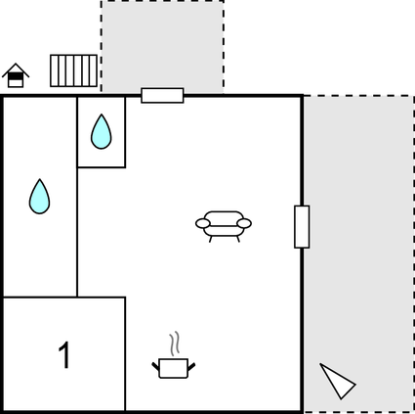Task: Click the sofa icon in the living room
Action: tap(224, 226)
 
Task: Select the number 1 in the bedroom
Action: tap(64, 355)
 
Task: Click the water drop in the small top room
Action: tap(102, 131)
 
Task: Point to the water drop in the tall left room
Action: tap(39, 197)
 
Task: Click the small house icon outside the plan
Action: tap(16, 75)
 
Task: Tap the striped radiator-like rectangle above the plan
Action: tap(73, 70)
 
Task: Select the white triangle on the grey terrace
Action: tap(337, 382)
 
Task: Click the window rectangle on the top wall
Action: tap(162, 95)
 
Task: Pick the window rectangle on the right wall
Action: tap(302, 227)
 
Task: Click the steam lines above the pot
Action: tap(175, 344)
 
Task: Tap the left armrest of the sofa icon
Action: tap(203, 223)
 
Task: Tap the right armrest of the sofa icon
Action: tap(244, 223)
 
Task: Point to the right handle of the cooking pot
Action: tap(191, 367)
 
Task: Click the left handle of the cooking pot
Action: tap(156, 366)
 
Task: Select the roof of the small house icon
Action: tap(16, 69)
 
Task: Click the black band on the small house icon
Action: tap(16, 76)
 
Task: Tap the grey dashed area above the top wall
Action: tap(162, 46)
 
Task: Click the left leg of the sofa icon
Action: tap(211, 239)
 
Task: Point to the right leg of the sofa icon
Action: tap(238, 239)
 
